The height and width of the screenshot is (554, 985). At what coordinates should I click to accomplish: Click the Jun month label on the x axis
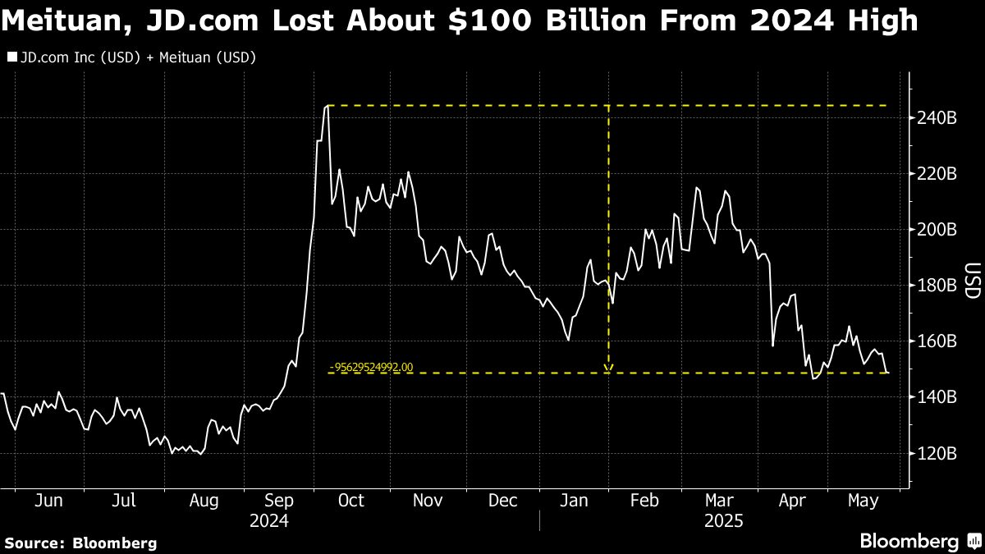click(x=51, y=501)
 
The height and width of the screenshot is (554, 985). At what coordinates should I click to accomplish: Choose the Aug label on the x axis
click(x=204, y=501)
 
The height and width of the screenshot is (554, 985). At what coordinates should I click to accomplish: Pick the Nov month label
click(x=427, y=501)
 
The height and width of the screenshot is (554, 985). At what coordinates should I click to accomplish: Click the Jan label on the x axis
click(x=575, y=501)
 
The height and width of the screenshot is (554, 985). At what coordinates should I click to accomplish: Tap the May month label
click(x=864, y=501)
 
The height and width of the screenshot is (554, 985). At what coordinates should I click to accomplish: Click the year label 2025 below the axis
click(x=723, y=521)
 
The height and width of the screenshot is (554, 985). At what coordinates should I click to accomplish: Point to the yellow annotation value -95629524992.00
click(x=371, y=368)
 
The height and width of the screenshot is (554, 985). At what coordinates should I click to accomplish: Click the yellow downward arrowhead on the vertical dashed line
click(x=608, y=368)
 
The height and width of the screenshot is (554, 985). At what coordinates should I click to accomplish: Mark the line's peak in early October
click(x=327, y=106)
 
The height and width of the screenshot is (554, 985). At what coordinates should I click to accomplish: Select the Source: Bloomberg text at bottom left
click(x=80, y=543)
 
